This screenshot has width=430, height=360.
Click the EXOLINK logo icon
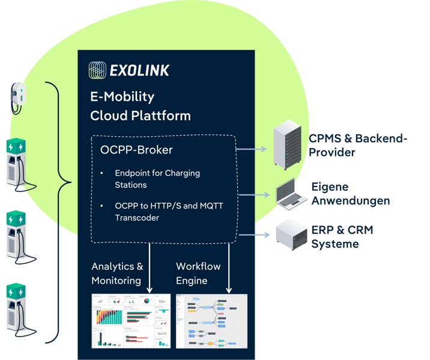click(97, 70)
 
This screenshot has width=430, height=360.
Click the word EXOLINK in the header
click(139, 71)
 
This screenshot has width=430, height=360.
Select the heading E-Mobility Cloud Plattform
click(140, 106)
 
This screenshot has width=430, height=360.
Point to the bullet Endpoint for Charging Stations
click(157, 179)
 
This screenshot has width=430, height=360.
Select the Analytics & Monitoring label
click(117, 273)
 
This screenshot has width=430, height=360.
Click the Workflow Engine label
click(198, 273)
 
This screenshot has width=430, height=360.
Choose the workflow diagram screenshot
click(211, 321)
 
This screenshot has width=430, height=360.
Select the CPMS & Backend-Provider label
click(357, 146)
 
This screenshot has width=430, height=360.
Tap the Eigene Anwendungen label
click(350, 194)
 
